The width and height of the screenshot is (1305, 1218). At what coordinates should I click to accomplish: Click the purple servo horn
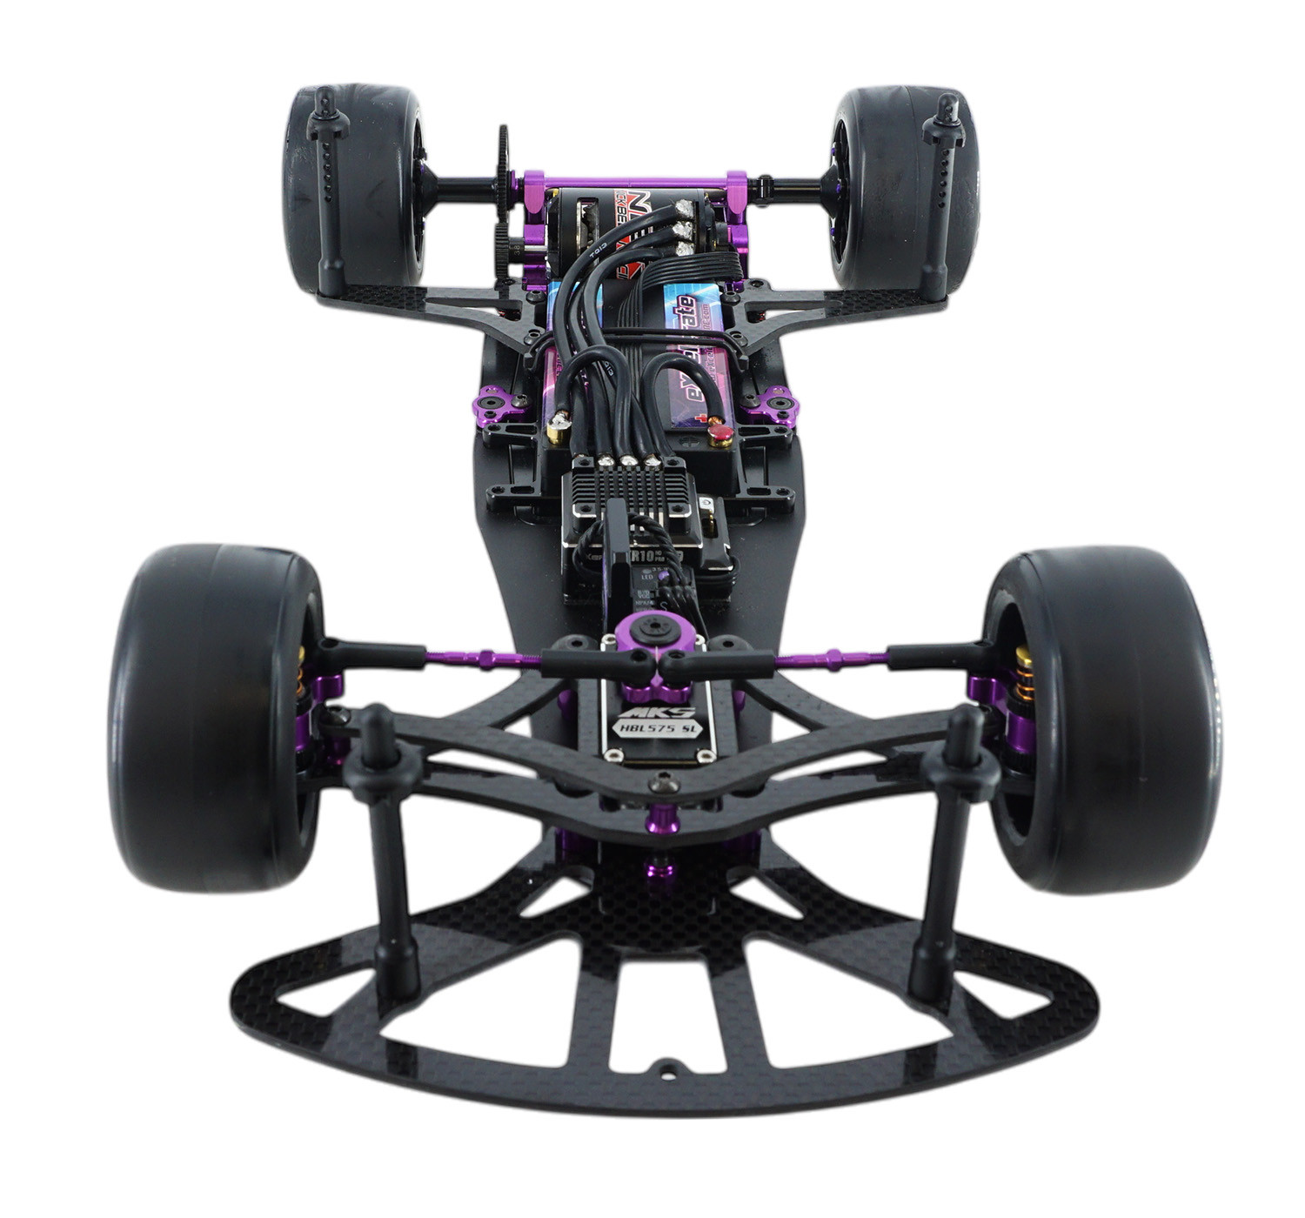point(651,652)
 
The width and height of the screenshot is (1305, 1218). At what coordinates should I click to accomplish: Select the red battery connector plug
point(720,432)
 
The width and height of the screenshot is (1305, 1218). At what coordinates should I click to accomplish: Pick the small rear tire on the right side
point(905,187)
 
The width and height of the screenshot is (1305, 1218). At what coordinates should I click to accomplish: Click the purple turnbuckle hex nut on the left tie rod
point(485,659)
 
